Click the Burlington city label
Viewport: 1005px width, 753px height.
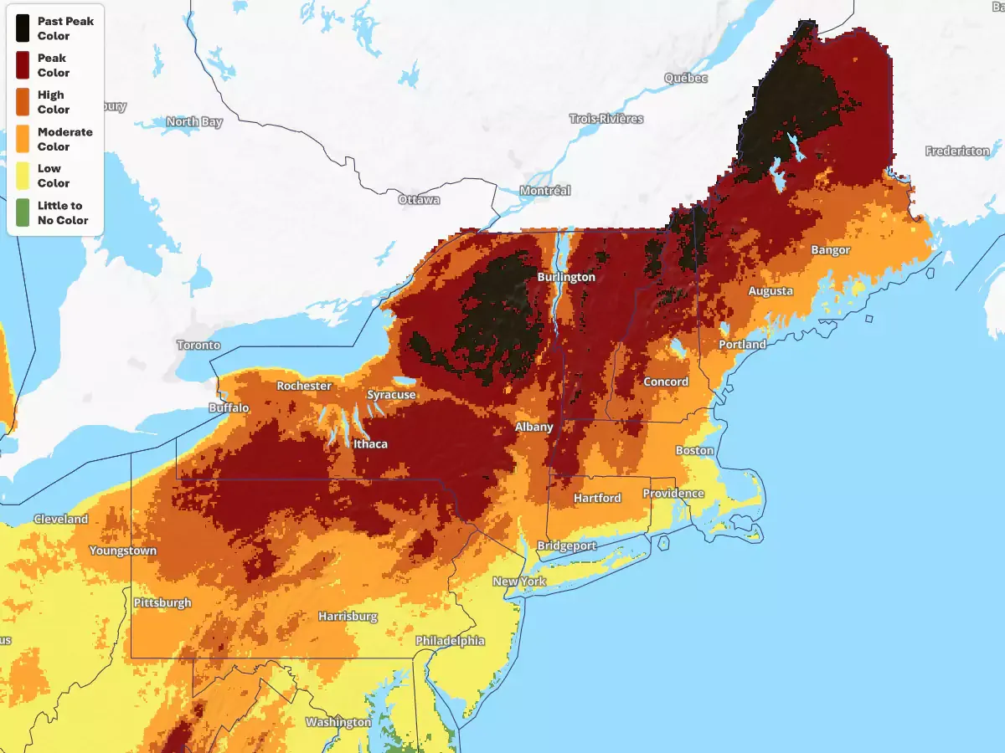(566, 277)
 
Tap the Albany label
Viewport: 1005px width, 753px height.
(533, 427)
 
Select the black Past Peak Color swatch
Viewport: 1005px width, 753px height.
(23, 28)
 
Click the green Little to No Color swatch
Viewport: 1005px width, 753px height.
(23, 213)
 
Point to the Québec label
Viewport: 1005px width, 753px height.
(686, 78)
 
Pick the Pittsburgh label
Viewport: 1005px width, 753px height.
(162, 602)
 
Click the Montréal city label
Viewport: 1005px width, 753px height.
(544, 191)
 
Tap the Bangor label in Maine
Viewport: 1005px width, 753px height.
(830, 250)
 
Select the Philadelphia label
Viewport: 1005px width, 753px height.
(450, 641)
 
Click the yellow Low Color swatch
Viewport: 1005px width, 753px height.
(23, 176)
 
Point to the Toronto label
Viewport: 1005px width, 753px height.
(198, 345)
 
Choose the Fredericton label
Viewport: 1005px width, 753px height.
(957, 151)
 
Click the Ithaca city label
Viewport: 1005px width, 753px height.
(370, 443)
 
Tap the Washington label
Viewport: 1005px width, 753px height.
(338, 722)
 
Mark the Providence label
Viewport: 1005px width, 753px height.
(673, 493)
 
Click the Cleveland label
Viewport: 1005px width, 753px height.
(60, 519)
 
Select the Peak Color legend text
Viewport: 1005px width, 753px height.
(54, 65)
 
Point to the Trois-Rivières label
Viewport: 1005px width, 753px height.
(606, 119)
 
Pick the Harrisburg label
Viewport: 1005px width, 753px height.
(348, 617)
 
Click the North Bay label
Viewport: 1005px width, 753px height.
(194, 122)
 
